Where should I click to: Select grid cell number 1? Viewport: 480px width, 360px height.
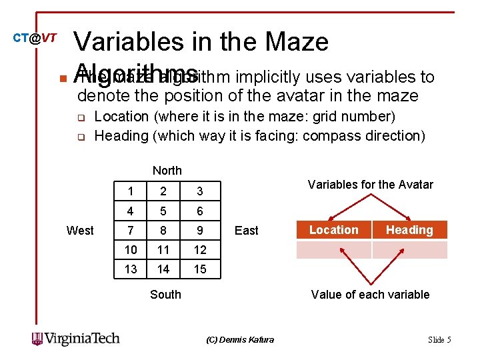[x=131, y=192]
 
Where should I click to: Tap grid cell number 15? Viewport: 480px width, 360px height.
[x=199, y=269]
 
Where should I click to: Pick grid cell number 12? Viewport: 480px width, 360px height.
[x=199, y=250]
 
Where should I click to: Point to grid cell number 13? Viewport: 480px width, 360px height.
[x=131, y=269]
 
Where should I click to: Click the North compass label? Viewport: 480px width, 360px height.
[x=167, y=171]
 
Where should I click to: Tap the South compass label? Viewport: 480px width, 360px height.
[x=165, y=294]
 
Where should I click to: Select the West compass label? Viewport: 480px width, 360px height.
[x=80, y=231]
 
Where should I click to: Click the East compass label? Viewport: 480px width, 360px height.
[x=246, y=231]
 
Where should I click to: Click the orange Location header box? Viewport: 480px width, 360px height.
[x=333, y=230]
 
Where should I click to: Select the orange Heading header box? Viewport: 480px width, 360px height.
[x=409, y=230]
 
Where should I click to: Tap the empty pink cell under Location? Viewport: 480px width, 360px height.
[x=333, y=250]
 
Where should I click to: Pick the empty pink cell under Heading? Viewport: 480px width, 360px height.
[x=409, y=250]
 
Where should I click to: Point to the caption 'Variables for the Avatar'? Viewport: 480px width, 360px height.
[x=370, y=185]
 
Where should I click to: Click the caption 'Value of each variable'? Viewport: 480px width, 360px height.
[x=370, y=295]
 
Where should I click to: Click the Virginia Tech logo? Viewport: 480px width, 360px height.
[x=75, y=339]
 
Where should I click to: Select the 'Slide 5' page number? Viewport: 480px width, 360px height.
[x=439, y=340]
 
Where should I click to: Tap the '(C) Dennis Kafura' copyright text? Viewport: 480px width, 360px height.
[x=240, y=340]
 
